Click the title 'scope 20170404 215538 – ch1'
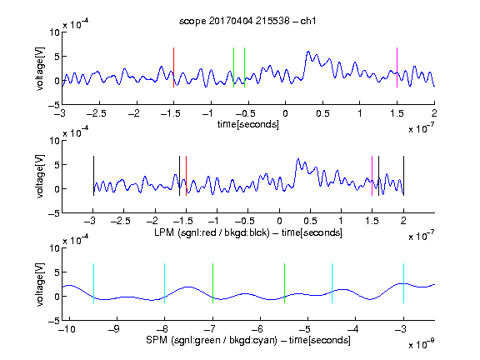[247, 21]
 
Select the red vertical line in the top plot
[173, 67]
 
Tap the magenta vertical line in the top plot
[397, 67]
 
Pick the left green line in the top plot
[233, 67]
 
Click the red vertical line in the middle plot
[186, 176]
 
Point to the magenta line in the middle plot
[372, 176]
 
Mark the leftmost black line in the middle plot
[93, 176]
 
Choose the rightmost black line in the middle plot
[403, 176]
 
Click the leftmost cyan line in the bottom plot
[93, 283]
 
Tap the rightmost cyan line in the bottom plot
[403, 283]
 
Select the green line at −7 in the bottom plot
[212, 283]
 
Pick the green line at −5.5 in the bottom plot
[284, 283]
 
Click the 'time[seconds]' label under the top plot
[248, 124]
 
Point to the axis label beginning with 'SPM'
[248, 340]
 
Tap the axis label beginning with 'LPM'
[248, 232]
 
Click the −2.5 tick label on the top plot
[97, 113]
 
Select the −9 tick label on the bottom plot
[114, 329]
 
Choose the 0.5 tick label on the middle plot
[310, 221]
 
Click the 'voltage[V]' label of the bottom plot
[40, 284]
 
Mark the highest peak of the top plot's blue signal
[308, 52]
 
